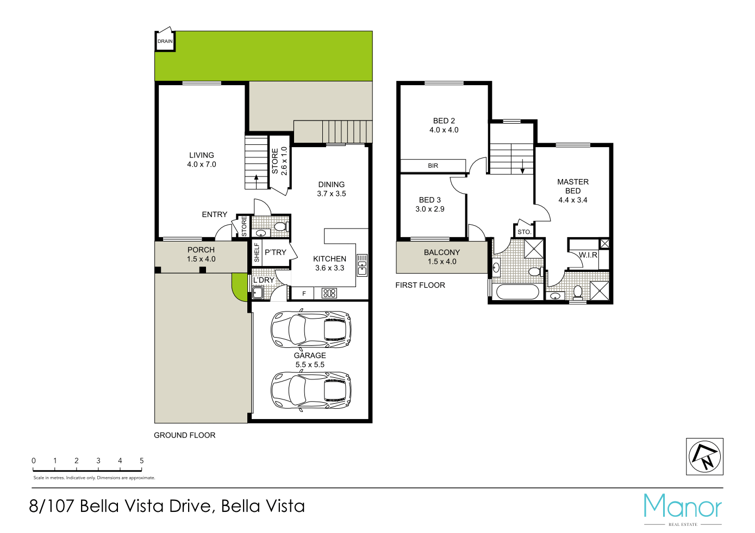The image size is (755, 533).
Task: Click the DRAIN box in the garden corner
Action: click(165, 41)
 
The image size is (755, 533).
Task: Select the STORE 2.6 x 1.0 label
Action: click(279, 161)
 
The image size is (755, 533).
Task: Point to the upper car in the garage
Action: click(311, 329)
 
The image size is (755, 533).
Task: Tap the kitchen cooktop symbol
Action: click(329, 294)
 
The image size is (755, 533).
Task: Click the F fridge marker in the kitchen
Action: click(304, 294)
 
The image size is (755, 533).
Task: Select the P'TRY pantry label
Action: click(275, 252)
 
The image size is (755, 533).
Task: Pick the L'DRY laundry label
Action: click(264, 280)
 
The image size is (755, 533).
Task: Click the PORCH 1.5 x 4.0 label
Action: click(201, 254)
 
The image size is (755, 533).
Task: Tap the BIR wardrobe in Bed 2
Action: click(433, 166)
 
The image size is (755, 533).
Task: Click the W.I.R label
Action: click(588, 255)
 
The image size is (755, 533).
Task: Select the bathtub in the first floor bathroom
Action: click(517, 292)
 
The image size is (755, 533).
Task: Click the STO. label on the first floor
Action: click(524, 232)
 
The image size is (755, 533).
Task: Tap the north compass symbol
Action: click(704, 456)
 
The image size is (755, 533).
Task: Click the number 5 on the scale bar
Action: click(141, 460)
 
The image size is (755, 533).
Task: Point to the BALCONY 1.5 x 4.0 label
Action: click(441, 257)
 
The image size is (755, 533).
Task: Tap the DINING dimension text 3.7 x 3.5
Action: click(331, 194)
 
